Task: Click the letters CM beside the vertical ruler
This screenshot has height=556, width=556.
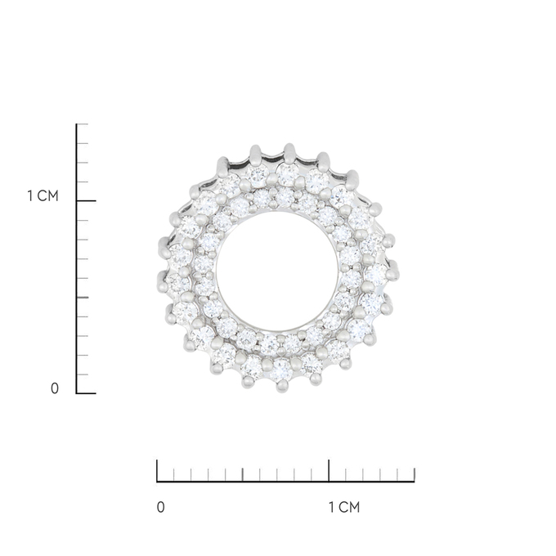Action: pyautogui.click(x=48, y=195)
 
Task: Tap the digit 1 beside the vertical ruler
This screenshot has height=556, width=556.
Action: pyautogui.click(x=30, y=195)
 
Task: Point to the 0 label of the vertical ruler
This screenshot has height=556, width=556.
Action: pyautogui.click(x=55, y=388)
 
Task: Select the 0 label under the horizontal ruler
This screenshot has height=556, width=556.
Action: pyautogui.click(x=160, y=507)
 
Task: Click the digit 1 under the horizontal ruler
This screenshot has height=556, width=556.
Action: pyautogui.click(x=331, y=507)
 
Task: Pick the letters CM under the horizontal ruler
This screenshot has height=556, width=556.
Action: pyautogui.click(x=349, y=507)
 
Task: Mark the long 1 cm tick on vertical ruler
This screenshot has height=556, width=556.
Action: pyautogui.click(x=86, y=201)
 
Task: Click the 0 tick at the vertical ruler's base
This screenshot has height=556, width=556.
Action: pyautogui.click(x=86, y=393)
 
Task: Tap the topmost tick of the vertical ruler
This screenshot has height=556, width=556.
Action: pyautogui.click(x=83, y=124)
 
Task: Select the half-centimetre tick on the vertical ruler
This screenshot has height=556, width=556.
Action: pyautogui.click(x=83, y=297)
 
